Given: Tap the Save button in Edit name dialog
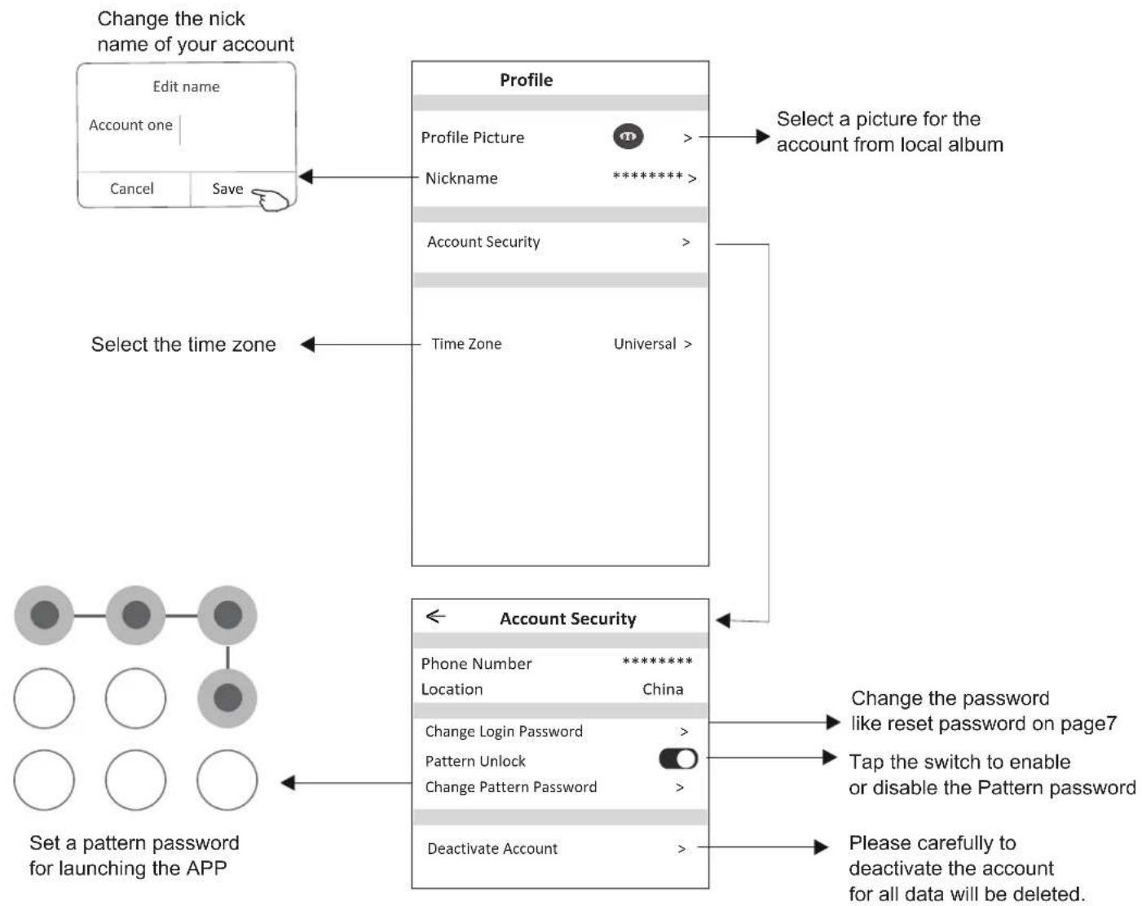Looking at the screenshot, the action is [227, 189].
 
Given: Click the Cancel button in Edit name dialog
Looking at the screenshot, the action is [131, 189].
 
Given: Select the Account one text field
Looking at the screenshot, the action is [130, 125].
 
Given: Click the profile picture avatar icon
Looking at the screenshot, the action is [628, 137].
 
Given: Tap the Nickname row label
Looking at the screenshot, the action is [461, 178].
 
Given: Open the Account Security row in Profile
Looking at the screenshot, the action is [483, 242].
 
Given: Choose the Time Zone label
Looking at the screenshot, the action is [466, 344].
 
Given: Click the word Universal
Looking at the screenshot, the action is [645, 344].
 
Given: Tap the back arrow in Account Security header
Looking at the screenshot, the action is [435, 617].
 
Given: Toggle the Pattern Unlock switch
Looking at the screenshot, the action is [678, 759].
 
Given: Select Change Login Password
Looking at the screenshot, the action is [504, 732].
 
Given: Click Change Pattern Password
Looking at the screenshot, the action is [511, 787].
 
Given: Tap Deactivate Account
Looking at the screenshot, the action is [492, 849].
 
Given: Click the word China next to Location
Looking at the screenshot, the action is [663, 689].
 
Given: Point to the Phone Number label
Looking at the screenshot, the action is [476, 663].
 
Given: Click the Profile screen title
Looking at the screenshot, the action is [527, 80].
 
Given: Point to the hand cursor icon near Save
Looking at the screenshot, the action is [271, 200].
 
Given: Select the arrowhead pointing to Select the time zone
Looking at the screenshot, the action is [308, 345].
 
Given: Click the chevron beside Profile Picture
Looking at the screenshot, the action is [688, 138].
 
